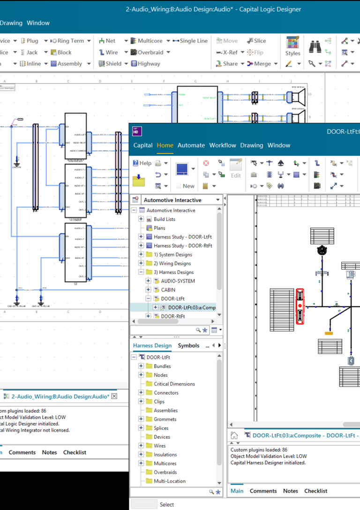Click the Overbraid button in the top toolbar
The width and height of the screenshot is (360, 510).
tap(150, 52)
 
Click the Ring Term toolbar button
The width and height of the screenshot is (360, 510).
tap(68, 41)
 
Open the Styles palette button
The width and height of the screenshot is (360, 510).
tap(292, 46)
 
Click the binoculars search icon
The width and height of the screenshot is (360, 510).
tap(315, 46)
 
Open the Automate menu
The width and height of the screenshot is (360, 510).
tap(191, 145)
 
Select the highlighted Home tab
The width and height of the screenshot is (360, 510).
tap(165, 145)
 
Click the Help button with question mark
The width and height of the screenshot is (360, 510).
tap(142, 163)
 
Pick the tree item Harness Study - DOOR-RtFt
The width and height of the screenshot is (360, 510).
tap(182, 245)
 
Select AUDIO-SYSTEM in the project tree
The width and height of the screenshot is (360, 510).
tap(178, 281)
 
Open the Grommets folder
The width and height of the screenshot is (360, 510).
tap(165, 419)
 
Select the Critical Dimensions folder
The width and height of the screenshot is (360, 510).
tap(174, 384)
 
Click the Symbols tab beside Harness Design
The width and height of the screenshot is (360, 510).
tap(188, 345)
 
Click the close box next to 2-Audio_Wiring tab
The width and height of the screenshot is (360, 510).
tap(114, 396)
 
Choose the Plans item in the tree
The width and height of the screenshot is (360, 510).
tap(159, 228)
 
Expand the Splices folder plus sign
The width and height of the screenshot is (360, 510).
tap(141, 428)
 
